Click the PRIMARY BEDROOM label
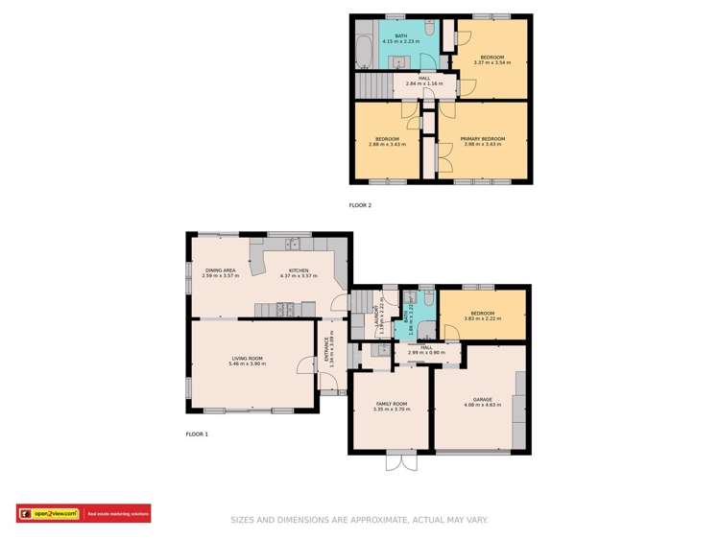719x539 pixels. [x=483, y=138]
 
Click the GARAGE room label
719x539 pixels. [x=482, y=399]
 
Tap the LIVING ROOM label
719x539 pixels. [x=247, y=359]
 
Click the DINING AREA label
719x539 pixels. [x=220, y=270]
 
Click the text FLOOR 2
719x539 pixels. [x=359, y=205]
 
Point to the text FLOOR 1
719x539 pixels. [x=197, y=434]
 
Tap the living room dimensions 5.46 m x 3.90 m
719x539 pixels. [x=247, y=364]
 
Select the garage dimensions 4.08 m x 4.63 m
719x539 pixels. [x=482, y=405]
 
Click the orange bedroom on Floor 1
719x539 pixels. [x=483, y=316]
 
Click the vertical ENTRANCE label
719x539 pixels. [x=326, y=351]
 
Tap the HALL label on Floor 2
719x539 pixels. [x=422, y=78]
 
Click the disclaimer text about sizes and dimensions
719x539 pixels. [x=359, y=520]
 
